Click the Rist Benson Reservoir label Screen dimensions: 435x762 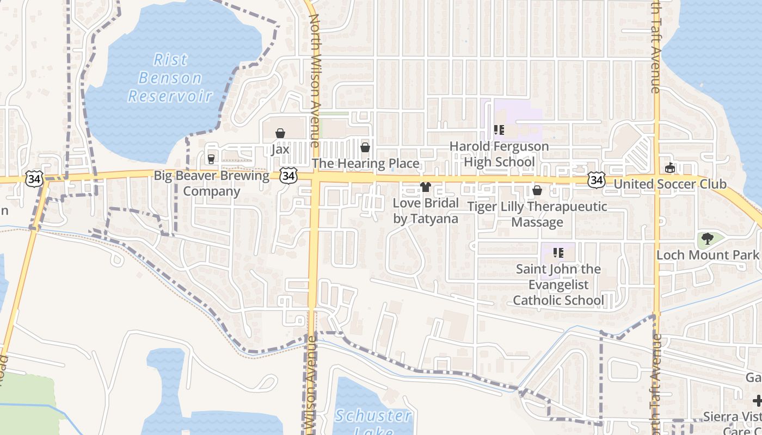[x=169, y=78]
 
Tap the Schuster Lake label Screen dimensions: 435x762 [x=373, y=422]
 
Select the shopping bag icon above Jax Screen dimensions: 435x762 [x=280, y=133]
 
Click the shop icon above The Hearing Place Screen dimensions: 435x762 [x=365, y=147]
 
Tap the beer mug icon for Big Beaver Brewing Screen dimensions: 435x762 [x=211, y=159]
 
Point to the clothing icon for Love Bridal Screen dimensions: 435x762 [x=426, y=187]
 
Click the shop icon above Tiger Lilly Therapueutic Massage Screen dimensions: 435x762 [x=537, y=190]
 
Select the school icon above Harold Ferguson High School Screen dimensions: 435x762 [x=499, y=130]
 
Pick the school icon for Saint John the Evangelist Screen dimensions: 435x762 [x=558, y=253]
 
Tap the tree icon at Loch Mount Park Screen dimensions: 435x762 [x=707, y=238]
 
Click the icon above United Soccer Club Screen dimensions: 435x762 [x=670, y=168]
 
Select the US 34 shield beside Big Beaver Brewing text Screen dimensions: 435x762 [x=288, y=175]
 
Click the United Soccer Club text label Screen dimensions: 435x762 [x=670, y=184]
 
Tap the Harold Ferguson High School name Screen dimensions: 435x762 [x=499, y=154]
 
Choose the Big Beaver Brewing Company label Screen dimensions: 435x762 [x=211, y=183]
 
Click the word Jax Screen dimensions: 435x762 [x=280, y=149]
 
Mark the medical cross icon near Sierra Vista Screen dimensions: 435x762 [x=757, y=401]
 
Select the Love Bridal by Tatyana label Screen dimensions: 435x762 [x=426, y=211]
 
